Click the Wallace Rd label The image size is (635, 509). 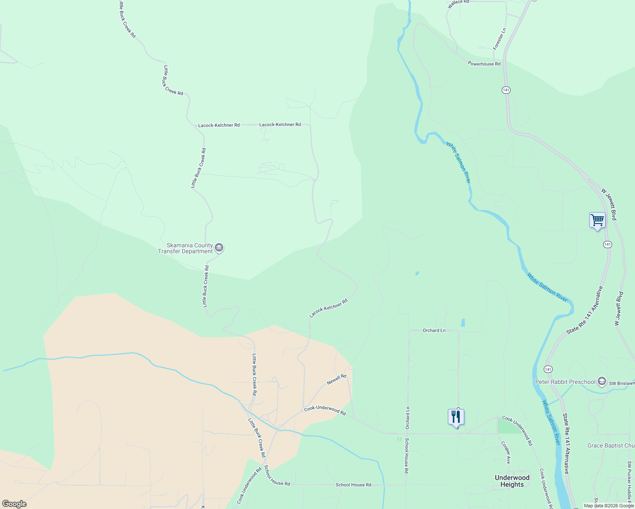458,2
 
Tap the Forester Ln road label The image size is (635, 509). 500,39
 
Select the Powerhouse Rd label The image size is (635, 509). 484,64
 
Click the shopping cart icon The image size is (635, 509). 597,220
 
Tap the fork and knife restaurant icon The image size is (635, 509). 456,417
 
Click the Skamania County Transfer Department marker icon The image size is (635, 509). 219,248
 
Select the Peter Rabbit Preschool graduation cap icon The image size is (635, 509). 601,382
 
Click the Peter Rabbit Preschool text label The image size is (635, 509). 565,382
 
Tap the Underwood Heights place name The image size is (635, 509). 512,481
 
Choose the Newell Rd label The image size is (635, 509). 337,380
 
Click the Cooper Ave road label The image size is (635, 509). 506,453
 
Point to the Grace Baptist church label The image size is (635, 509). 611,446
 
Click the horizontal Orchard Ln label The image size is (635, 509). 434,330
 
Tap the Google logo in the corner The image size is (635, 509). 14,504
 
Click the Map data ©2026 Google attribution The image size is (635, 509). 608,506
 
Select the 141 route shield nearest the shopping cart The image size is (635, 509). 607,244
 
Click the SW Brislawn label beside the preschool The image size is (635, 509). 622,383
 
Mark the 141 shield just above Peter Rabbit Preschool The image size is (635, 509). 548,369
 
